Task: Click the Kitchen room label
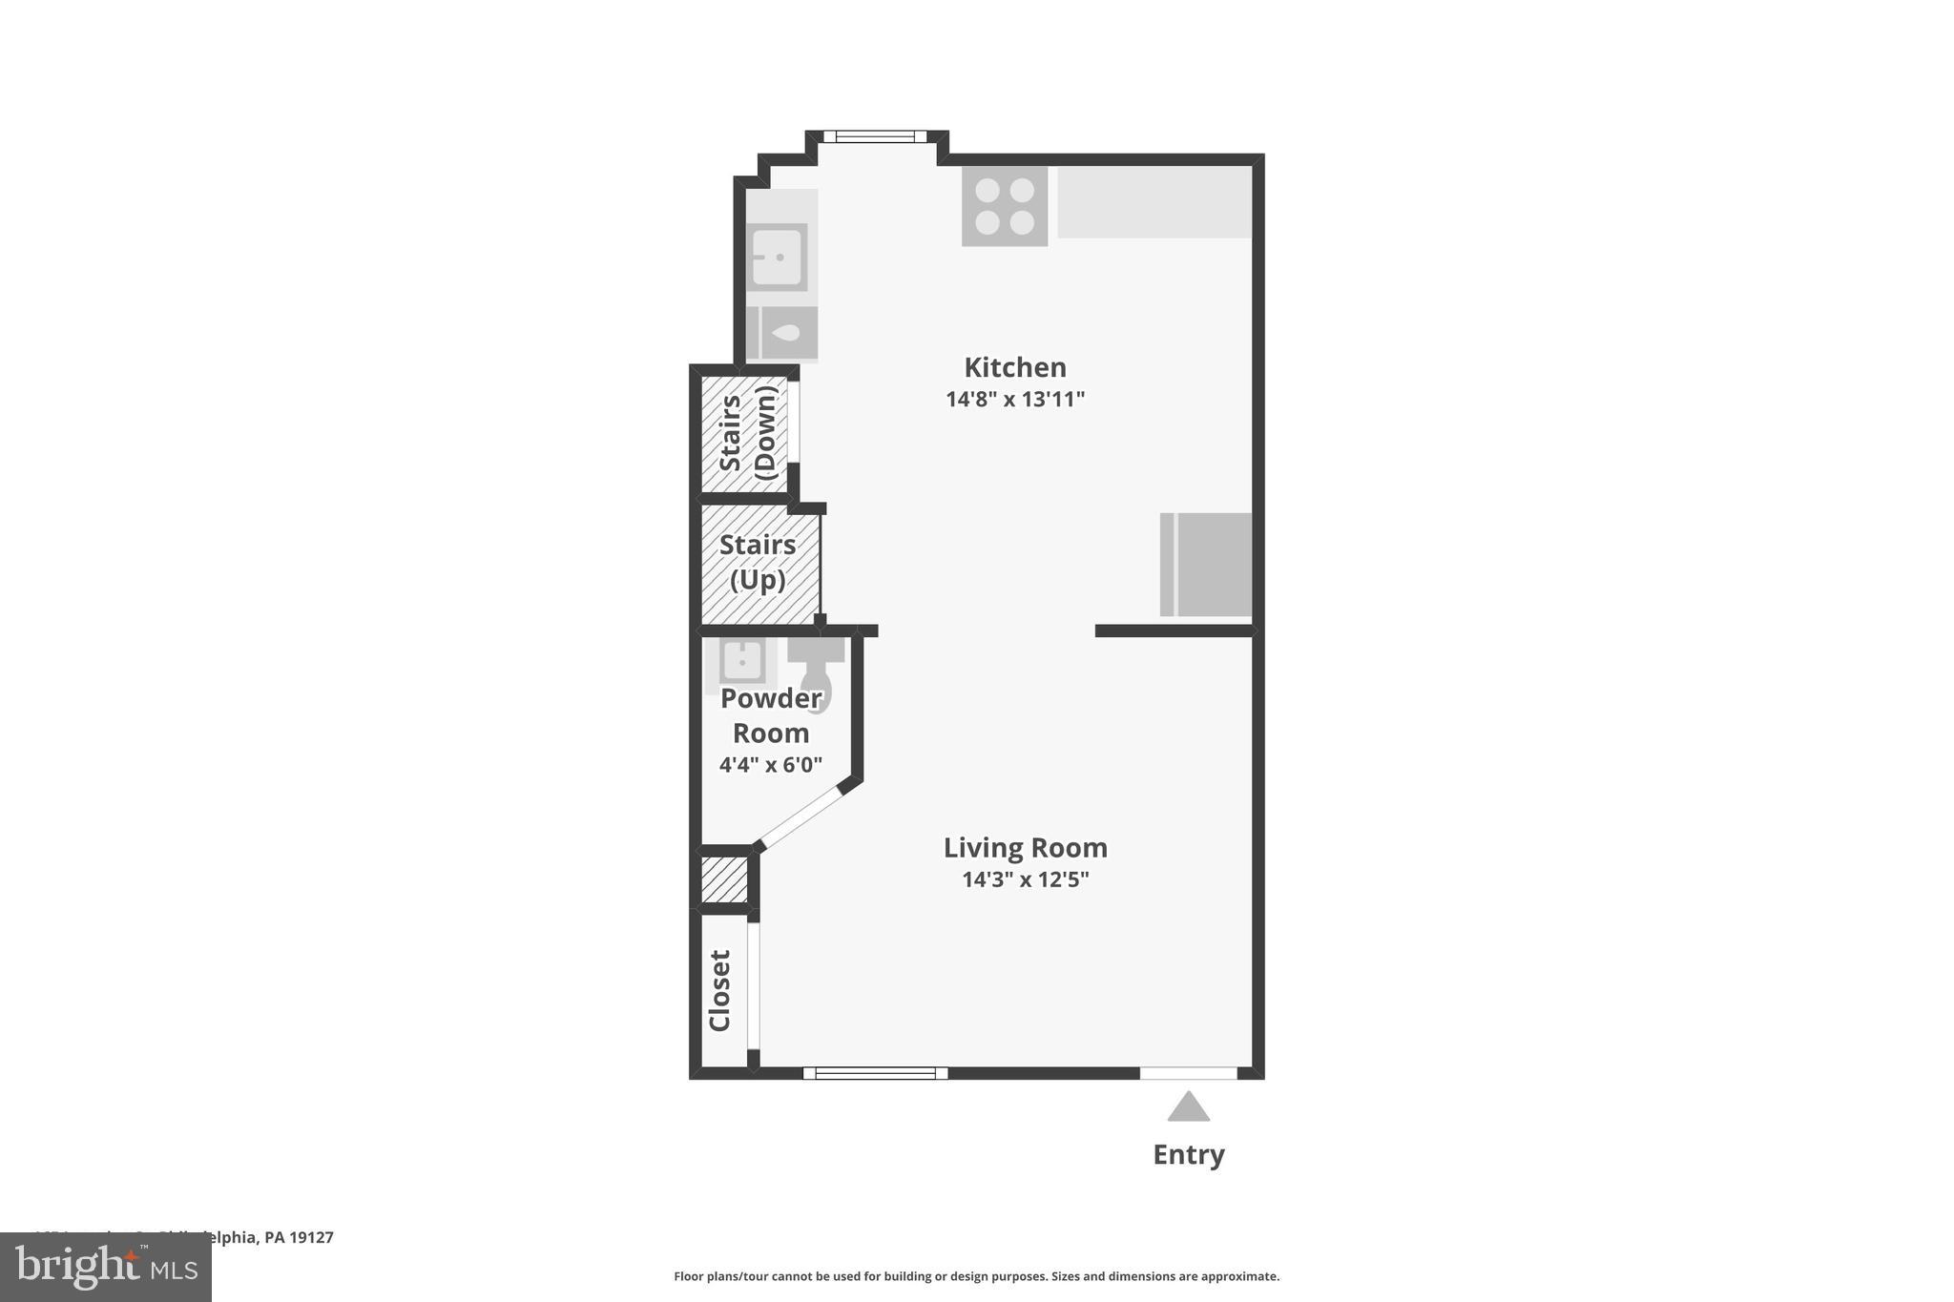(1014, 367)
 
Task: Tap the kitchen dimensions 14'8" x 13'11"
(1014, 399)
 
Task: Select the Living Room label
(1025, 847)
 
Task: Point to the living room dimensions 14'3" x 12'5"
(1025, 878)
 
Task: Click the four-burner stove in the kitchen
(1004, 206)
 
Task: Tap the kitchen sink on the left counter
(779, 257)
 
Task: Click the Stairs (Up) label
(758, 562)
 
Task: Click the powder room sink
(741, 660)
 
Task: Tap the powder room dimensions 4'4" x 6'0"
(770, 764)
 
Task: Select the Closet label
(720, 990)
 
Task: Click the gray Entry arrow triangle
(1188, 1108)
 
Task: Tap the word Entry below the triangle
(1188, 1154)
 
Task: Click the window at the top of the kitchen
(875, 136)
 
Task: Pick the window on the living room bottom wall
(875, 1073)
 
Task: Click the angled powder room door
(800, 816)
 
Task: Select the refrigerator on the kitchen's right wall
(1205, 564)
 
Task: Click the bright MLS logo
(106, 1267)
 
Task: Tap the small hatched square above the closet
(724, 879)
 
